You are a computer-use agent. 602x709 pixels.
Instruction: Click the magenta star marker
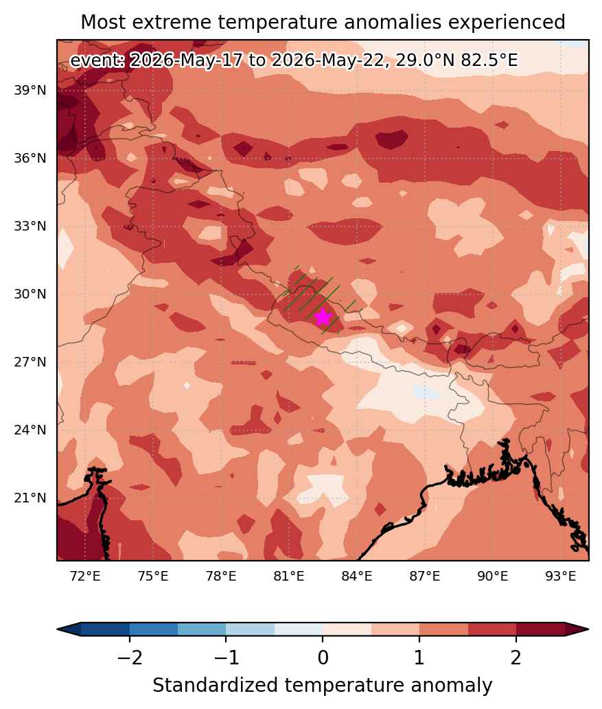click(323, 317)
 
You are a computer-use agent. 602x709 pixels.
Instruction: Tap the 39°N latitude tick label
click(30, 91)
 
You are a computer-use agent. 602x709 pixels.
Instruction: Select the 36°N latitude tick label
click(30, 159)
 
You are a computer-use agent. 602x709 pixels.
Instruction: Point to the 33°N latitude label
click(30, 226)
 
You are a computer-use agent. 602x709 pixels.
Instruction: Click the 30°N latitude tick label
click(30, 294)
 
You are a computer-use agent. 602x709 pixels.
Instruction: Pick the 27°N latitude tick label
click(30, 362)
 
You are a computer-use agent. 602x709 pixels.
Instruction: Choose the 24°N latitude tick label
click(30, 430)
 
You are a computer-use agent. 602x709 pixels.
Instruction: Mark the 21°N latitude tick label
click(30, 498)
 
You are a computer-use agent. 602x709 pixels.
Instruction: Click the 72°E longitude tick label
click(85, 577)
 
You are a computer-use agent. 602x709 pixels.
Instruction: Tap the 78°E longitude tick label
click(221, 577)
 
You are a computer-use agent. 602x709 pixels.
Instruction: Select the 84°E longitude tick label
click(357, 577)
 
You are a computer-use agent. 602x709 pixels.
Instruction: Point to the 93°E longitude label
click(561, 577)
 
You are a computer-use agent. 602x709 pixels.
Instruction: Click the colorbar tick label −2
click(130, 658)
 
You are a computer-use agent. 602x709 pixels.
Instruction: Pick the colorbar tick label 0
click(323, 658)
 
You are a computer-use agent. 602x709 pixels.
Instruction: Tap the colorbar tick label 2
click(516, 658)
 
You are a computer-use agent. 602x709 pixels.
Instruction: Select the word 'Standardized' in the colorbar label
click(215, 686)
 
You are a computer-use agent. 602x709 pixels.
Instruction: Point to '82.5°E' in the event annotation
click(489, 60)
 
